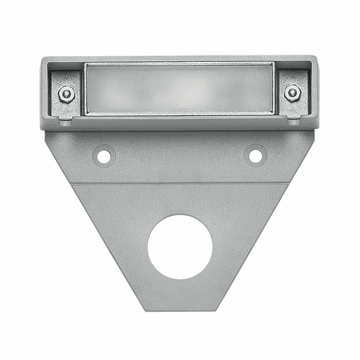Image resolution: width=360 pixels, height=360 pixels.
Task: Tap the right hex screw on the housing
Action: coord(292,92)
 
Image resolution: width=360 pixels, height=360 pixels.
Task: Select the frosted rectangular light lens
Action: coord(179,88)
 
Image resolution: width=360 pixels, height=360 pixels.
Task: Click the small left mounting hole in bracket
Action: coord(104,155)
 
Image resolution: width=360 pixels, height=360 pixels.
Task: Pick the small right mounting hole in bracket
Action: coord(254,154)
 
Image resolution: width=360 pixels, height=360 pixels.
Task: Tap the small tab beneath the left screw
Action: coord(66,121)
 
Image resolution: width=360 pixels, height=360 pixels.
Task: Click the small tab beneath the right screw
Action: coord(293,121)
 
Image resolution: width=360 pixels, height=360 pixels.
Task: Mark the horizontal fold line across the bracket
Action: coord(180,183)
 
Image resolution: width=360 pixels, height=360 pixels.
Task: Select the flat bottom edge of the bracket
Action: coord(180,310)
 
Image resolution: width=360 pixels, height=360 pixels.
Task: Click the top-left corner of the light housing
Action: coord(43,59)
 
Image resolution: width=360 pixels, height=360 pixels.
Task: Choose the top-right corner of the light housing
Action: coord(316,59)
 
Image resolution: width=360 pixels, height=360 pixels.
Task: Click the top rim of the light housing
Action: coord(180,58)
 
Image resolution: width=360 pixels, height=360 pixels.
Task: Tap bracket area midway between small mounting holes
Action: coord(179,155)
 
